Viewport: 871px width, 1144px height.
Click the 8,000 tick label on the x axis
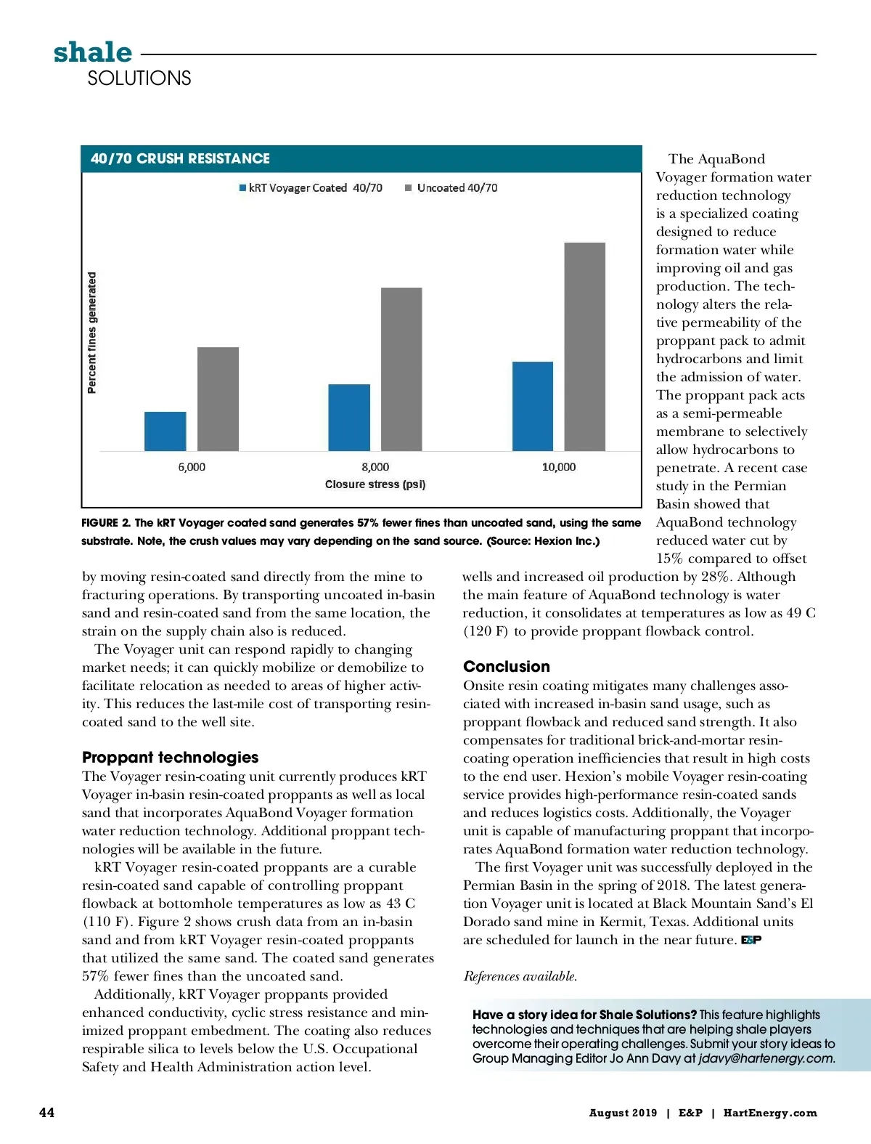point(375,467)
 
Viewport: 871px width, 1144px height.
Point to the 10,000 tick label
point(559,467)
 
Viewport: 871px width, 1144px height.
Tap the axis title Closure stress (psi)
point(375,484)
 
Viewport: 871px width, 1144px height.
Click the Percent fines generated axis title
point(92,333)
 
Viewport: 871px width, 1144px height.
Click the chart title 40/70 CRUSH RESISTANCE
point(180,158)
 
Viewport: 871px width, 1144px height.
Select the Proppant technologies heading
point(170,757)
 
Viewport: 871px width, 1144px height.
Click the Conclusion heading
point(507,666)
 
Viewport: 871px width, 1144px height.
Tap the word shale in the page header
point(93,52)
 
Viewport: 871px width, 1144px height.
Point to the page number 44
point(46,1113)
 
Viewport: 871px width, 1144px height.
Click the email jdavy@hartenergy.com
point(766,1058)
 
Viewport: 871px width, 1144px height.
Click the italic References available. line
point(520,976)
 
